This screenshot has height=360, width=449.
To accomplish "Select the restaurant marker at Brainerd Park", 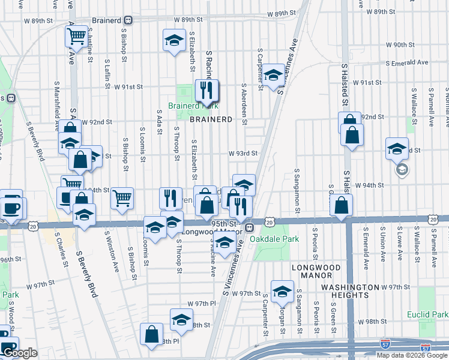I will tap(206, 91).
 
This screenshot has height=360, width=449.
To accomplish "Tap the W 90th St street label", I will tap(400, 45).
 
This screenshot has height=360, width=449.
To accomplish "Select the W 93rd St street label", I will tap(243, 154).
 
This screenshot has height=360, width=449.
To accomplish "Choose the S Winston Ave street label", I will tap(111, 247).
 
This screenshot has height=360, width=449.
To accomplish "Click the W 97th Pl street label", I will tap(201, 304).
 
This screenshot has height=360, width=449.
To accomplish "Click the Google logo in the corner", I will tap(20, 353).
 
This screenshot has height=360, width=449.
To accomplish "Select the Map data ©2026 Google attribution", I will tap(412, 355).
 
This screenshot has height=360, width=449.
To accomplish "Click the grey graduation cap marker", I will tap(401, 170).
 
